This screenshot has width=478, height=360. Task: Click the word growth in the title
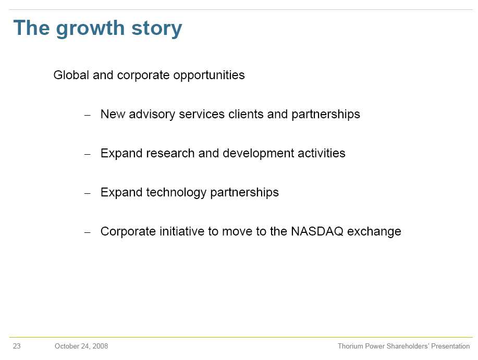pos(90,29)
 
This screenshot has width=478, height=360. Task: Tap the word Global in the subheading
pos(71,75)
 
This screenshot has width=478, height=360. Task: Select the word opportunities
pos(209,76)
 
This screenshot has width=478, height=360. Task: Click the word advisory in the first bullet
pos(152,115)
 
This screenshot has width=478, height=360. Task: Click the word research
pos(170,153)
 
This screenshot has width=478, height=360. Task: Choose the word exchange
pos(374,232)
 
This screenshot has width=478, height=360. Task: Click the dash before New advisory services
pos(88,116)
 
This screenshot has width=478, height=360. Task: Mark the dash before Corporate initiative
pos(88,232)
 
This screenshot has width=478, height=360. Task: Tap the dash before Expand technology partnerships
pos(88,193)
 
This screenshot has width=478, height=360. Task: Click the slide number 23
pos(17,346)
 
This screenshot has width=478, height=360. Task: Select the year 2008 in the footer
pos(100,346)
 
